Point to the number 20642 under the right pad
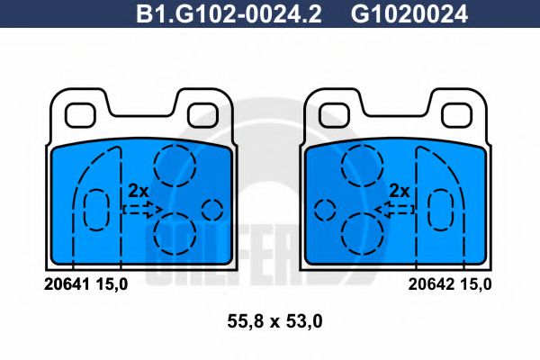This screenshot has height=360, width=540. (x=430, y=283)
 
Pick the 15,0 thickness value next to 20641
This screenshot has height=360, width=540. (x=112, y=283)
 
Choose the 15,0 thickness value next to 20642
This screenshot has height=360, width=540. (x=476, y=283)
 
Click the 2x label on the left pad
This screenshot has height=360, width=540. (x=138, y=191)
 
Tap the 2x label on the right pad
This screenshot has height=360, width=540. (x=400, y=191)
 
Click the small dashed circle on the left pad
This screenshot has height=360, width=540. (x=211, y=210)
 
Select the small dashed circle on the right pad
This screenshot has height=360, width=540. (x=325, y=210)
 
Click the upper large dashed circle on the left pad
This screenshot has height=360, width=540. (x=175, y=165)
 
